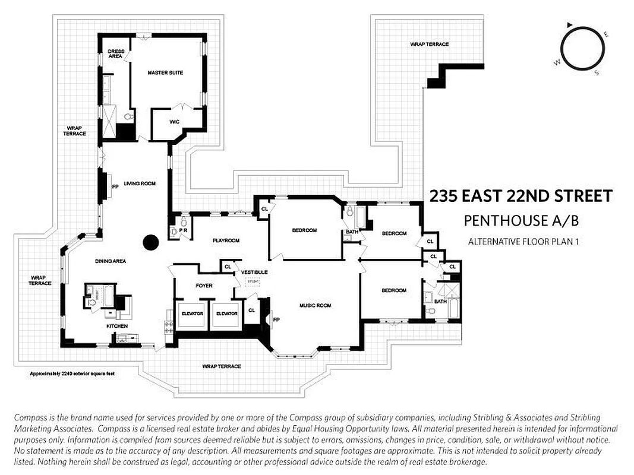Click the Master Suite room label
pyautogui.click(x=165, y=73)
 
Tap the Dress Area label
pyautogui.click(x=116, y=54)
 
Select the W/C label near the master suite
pyautogui.click(x=174, y=122)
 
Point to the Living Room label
pyautogui.click(x=140, y=184)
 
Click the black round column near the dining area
pyautogui.click(x=151, y=242)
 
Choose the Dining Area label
pyautogui.click(x=110, y=261)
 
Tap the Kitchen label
pyautogui.click(x=117, y=327)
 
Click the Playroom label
pyautogui.click(x=226, y=240)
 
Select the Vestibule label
pyautogui.click(x=254, y=272)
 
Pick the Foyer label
pyautogui.click(x=204, y=286)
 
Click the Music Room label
pyautogui.click(x=315, y=306)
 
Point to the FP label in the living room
pyautogui.click(x=115, y=185)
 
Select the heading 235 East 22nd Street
pyautogui.click(x=521, y=197)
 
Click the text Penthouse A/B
pyautogui.click(x=521, y=221)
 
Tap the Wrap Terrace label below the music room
pyautogui.click(x=222, y=366)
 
